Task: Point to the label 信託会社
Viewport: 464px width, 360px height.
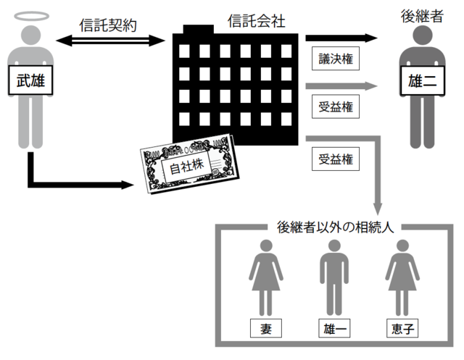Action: click(x=255, y=22)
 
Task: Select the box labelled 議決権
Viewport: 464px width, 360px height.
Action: click(x=336, y=59)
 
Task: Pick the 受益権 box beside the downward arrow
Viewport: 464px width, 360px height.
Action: click(x=336, y=158)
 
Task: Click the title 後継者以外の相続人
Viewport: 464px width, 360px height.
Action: click(x=335, y=227)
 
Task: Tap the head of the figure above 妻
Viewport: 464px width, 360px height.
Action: click(x=265, y=246)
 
